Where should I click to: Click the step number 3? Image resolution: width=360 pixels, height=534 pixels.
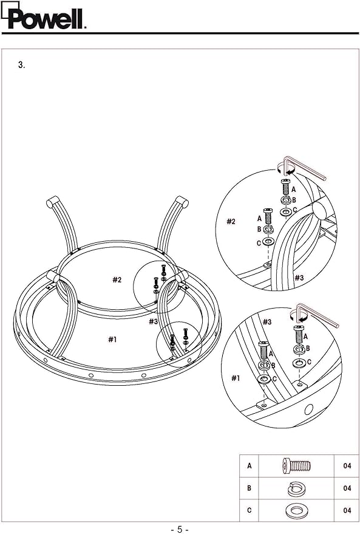pyautogui.click(x=21, y=65)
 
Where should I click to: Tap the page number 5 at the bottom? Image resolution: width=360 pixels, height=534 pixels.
pyautogui.click(x=180, y=529)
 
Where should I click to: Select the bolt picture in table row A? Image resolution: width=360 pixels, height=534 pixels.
pyautogui.click(x=296, y=466)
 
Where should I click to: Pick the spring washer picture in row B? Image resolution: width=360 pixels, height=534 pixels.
pyautogui.click(x=296, y=488)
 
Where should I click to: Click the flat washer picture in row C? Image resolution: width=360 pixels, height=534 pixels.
pyautogui.click(x=296, y=510)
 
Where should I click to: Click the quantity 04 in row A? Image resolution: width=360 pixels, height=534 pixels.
pyautogui.click(x=347, y=465)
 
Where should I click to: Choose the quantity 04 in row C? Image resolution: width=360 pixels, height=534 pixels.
pyautogui.click(x=347, y=510)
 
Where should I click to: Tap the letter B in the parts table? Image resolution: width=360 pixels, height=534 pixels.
pyautogui.click(x=250, y=488)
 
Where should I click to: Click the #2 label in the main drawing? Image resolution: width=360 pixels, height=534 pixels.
pyautogui.click(x=117, y=280)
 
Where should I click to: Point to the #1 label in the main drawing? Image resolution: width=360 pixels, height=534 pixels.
pyautogui.click(x=113, y=339)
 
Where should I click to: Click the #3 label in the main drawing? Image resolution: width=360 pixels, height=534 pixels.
pyautogui.click(x=153, y=321)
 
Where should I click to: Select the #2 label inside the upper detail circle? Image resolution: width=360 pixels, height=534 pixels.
pyautogui.click(x=231, y=221)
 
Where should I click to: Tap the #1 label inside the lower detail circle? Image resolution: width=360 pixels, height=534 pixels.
pyautogui.click(x=236, y=378)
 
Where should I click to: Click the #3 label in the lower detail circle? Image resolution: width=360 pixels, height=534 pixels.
pyautogui.click(x=267, y=321)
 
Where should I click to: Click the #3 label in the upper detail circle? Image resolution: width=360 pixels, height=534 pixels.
pyautogui.click(x=299, y=278)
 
